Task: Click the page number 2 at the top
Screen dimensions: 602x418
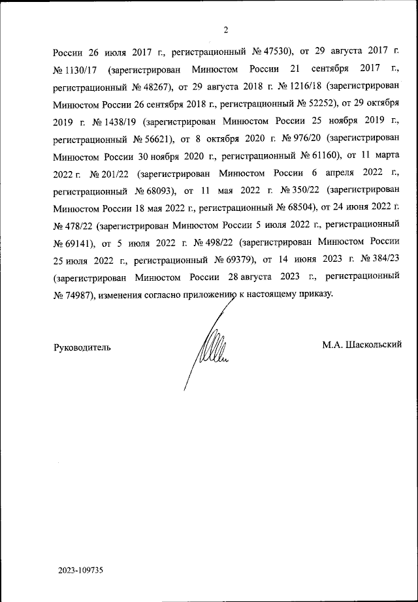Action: click(226, 30)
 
